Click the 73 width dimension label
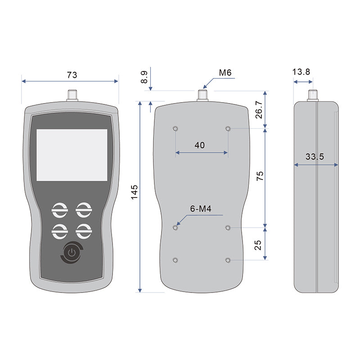point(72,75)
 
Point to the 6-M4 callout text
point(201,209)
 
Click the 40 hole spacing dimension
point(200,145)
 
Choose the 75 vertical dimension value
point(260,176)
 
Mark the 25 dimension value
point(258,245)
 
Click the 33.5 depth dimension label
point(315,157)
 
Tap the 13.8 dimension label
point(301,72)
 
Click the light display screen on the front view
point(72,155)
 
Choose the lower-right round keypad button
point(83,231)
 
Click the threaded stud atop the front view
point(72,95)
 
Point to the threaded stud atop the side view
point(313,95)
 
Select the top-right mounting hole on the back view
point(229,129)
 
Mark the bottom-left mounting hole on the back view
point(175,261)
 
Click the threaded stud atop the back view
point(202,95)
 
